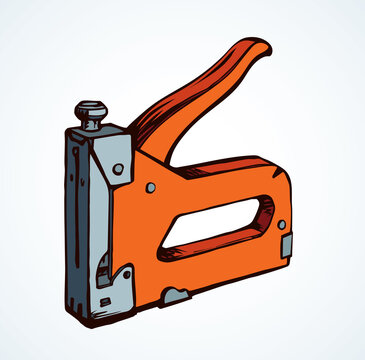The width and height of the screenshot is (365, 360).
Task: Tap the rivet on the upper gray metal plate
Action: (x=118, y=169)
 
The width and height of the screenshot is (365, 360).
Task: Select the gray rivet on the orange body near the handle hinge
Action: (x=150, y=187)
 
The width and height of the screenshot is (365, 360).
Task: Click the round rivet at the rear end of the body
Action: (x=281, y=224)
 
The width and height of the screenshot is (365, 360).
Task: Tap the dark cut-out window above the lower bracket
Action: (x=102, y=268)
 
